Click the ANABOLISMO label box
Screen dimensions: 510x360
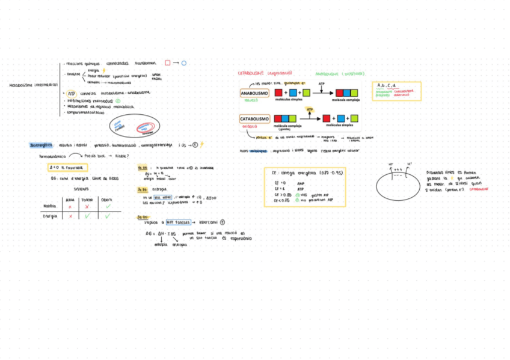coord(254,94)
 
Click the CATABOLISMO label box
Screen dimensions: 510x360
coord(254,119)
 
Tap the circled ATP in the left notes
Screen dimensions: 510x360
coord(72,93)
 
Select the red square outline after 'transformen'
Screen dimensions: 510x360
coord(168,63)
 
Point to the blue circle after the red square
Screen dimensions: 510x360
coord(184,63)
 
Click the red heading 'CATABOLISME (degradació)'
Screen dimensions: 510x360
coord(265,73)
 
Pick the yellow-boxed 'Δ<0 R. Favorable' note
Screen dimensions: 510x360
coord(67,168)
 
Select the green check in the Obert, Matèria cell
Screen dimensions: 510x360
coord(108,206)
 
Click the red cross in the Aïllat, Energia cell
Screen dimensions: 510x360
coord(71,216)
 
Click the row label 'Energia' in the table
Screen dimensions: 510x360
coord(50,216)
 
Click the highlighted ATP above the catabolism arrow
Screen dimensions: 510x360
coord(310,109)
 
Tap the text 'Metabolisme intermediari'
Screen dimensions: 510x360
coord(33,85)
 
